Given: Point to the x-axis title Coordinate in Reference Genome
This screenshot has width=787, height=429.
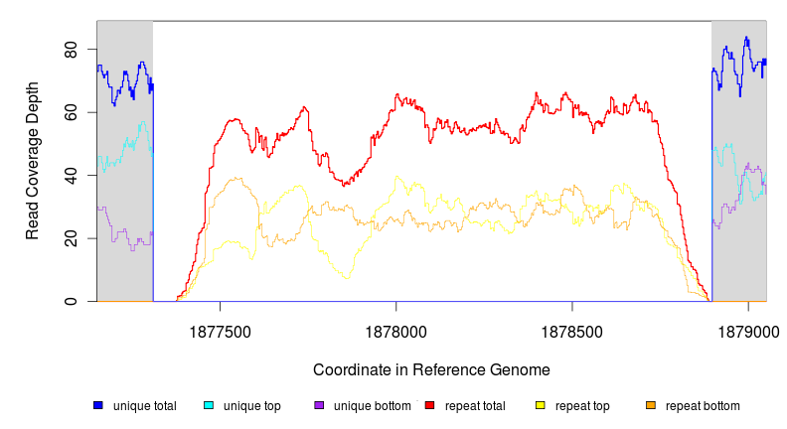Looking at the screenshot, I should tap(431, 369).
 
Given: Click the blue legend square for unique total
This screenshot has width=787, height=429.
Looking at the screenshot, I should tap(98, 405).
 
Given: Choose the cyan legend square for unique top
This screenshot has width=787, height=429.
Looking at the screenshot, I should tap(209, 405).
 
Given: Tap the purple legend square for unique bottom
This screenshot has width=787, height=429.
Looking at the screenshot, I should tap(319, 405).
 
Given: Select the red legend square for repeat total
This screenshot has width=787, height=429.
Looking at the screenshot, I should tap(429, 405).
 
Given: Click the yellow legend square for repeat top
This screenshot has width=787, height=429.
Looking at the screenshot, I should tap(541, 405).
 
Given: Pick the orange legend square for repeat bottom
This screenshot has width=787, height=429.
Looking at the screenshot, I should tap(651, 405).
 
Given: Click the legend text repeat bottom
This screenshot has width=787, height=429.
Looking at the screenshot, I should tap(703, 406).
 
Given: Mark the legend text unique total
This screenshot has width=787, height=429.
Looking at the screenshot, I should tap(145, 406).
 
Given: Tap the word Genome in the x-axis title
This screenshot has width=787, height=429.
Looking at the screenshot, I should tap(521, 369).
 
